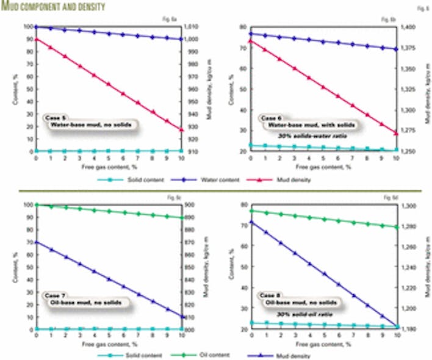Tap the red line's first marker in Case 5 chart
tap(36, 39)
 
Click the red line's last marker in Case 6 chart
tap(397, 133)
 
